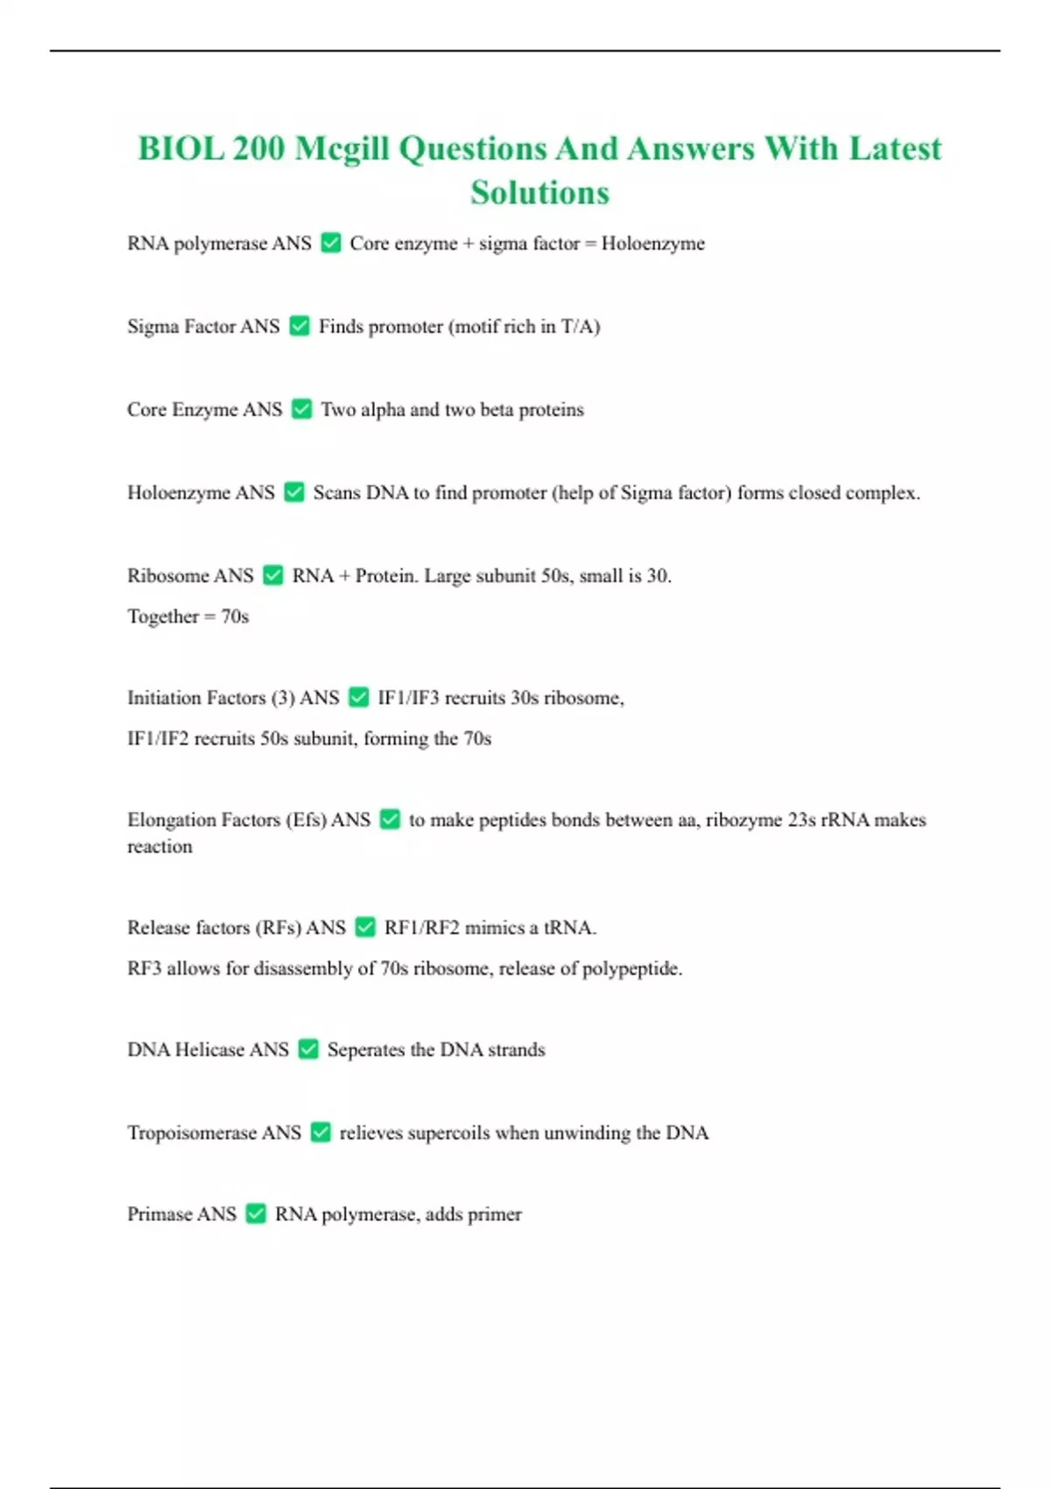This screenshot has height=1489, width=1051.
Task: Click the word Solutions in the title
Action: [x=540, y=193]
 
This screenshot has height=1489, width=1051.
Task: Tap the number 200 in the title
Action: [x=258, y=149]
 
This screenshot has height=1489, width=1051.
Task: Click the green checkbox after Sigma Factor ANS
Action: [x=300, y=327]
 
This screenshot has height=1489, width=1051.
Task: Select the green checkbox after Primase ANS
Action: [x=256, y=1214]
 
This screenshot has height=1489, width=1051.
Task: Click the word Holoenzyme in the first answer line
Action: [x=652, y=243]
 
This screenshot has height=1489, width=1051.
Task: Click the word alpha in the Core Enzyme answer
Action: [x=383, y=410]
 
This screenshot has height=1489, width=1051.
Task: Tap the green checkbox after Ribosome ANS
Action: [x=273, y=575]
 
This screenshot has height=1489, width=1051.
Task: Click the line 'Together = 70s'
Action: [x=188, y=617]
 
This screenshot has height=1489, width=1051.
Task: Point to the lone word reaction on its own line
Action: [x=159, y=847]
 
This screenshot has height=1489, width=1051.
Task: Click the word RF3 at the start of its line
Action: [x=144, y=969]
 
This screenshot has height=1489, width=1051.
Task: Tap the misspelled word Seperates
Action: [x=365, y=1049]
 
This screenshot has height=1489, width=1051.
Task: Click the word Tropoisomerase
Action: [x=193, y=1133]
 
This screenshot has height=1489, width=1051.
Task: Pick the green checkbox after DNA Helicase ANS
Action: [x=308, y=1049]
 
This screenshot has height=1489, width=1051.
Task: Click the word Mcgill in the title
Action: [x=342, y=149]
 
